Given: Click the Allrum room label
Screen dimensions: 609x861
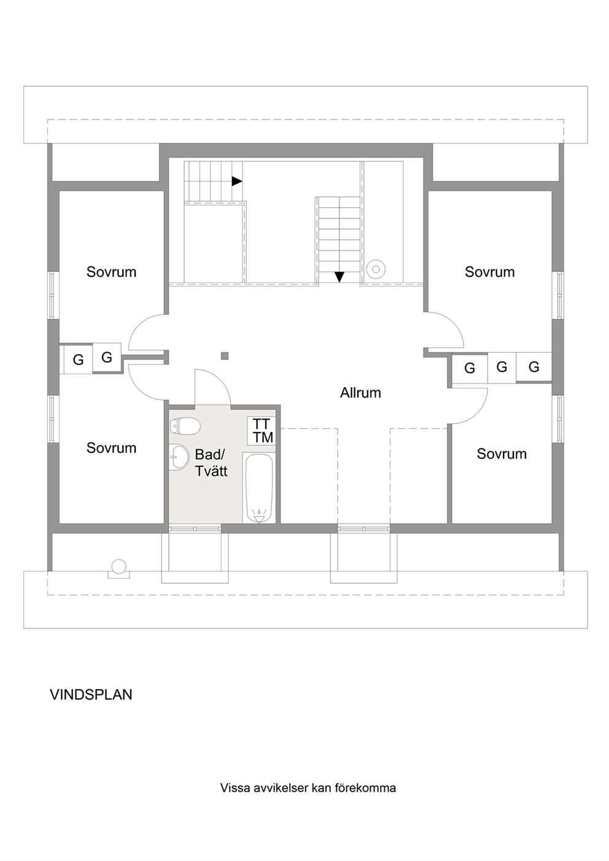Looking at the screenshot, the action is tap(360, 393).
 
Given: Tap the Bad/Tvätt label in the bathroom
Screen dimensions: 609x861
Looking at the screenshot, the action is tap(211, 463).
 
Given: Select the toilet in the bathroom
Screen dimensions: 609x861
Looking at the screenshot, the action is tap(185, 426).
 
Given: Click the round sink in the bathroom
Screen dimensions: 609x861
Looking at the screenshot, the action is tap(179, 457).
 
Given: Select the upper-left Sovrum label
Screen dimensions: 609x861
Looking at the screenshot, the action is tap(112, 272).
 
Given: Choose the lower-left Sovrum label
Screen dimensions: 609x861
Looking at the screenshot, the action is tap(112, 448).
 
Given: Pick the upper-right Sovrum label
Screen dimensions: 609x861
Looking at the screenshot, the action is tap(490, 272).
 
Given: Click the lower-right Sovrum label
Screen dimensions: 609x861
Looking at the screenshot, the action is tap(502, 454).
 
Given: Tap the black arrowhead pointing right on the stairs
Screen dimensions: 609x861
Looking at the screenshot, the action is tap(237, 181).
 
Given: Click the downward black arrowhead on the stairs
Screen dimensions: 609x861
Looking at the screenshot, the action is tap(339, 277).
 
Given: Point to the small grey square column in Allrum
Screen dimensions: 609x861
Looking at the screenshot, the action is tap(225, 356).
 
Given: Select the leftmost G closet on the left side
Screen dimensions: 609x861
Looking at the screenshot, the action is tap(78, 360).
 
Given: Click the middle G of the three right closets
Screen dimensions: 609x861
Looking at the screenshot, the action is tap(502, 367).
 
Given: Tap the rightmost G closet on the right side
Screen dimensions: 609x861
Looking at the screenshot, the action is tap(533, 367).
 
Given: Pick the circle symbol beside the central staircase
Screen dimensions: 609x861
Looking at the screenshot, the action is tap(376, 268).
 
